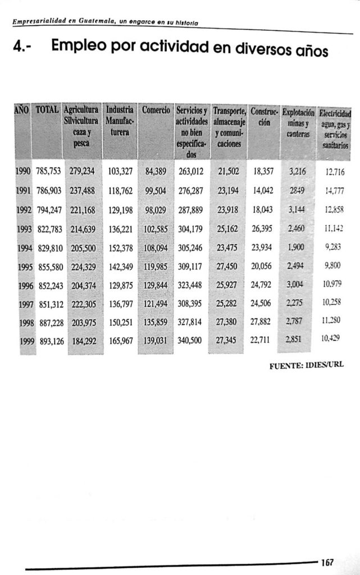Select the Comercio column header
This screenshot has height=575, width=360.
tap(156, 109)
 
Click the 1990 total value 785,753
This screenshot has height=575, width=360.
tap(49, 171)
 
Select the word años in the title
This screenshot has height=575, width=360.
tap(308, 53)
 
